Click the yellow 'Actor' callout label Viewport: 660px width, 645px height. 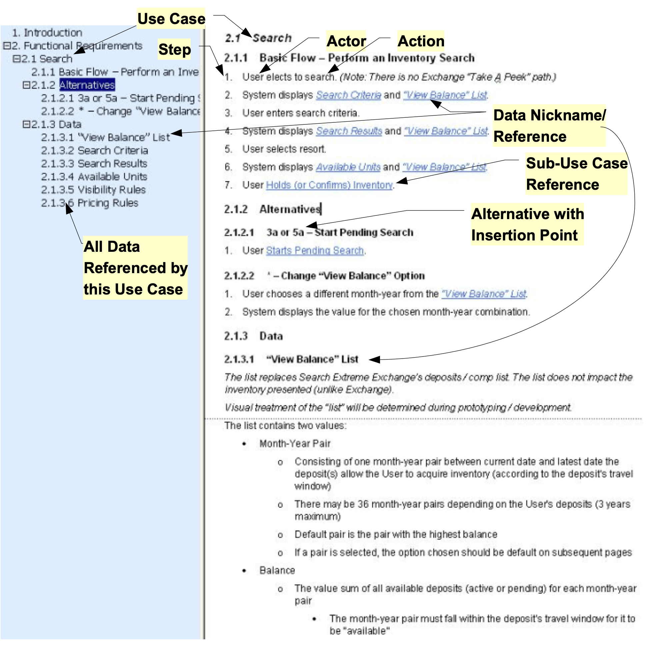346,41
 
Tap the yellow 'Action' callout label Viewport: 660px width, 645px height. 421,41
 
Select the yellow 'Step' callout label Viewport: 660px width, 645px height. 174,49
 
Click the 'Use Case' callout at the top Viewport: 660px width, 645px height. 171,19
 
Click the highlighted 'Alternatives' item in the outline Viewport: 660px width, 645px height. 87,85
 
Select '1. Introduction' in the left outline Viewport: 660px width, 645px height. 47,33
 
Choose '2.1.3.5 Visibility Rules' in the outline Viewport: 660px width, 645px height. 93,190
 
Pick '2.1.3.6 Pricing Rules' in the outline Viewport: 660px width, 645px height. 90,203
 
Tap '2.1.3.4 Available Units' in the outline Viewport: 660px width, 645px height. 94,177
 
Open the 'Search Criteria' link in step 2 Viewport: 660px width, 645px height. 348,95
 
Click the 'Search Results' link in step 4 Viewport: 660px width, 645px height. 349,131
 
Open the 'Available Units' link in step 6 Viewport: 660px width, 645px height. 348,167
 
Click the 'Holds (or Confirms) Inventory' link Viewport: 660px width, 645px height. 329,185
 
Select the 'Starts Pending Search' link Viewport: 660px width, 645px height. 315,250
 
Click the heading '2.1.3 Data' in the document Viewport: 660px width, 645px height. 253,336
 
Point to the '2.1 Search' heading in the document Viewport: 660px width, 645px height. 258,38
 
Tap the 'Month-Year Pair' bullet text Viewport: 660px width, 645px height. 295,444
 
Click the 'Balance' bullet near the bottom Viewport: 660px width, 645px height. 277,571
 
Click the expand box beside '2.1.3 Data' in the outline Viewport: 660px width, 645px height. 26,124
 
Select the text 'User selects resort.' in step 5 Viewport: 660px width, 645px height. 284,149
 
